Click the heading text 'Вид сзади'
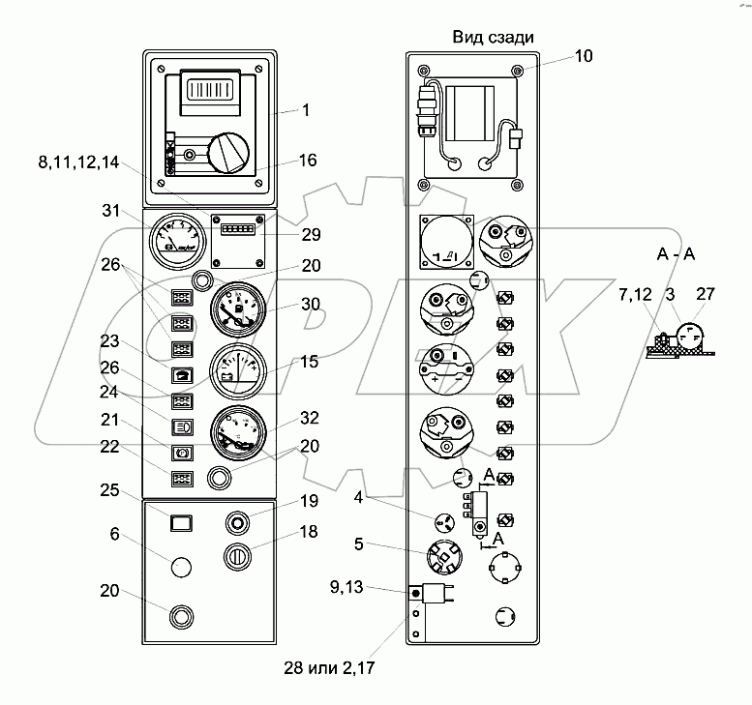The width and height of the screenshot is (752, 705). tap(494, 38)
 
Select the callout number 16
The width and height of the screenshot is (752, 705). tap(308, 161)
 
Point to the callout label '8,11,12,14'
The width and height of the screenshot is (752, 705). tap(80, 164)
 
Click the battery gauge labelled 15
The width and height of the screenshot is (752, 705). tap(236, 369)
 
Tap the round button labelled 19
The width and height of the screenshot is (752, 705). tap(237, 523)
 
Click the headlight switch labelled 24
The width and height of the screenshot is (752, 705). tap(181, 425)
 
